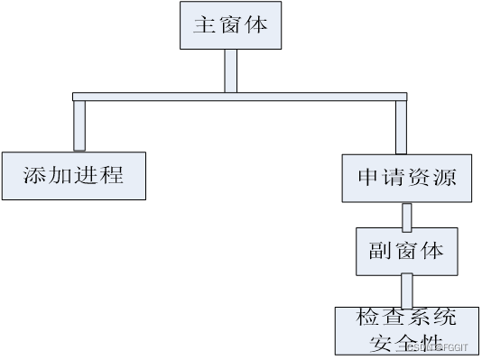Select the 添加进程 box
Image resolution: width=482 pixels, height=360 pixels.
click(x=73, y=175)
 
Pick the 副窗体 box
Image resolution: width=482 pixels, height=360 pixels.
click(x=406, y=250)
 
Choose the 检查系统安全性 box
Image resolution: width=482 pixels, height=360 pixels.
click(x=406, y=330)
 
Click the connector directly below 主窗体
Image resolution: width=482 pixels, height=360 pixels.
click(x=230, y=70)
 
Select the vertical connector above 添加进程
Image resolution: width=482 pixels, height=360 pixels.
click(x=79, y=125)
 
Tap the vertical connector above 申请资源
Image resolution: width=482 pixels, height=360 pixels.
click(x=401, y=127)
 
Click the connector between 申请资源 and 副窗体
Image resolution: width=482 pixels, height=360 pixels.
click(x=407, y=216)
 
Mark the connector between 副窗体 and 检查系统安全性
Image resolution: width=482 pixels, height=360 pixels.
click(x=407, y=291)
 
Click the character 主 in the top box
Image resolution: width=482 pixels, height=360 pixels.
click(x=204, y=25)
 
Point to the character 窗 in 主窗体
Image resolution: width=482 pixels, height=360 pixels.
click(x=230, y=25)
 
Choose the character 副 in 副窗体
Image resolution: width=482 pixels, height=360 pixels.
click(x=380, y=250)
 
